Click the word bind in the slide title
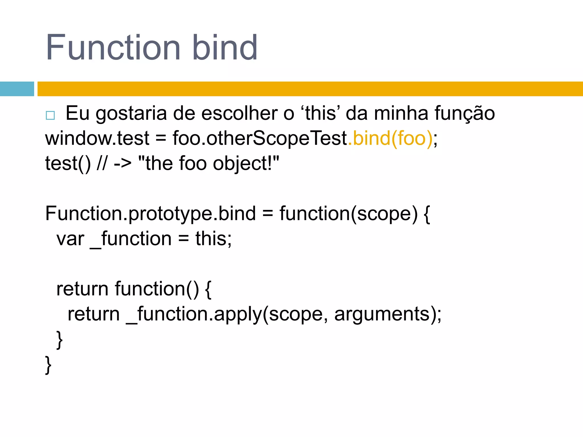pyautogui.click(x=225, y=48)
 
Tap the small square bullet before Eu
pyautogui.click(x=50, y=116)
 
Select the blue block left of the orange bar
pyautogui.click(x=17, y=89)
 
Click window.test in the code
pyautogui.click(x=97, y=139)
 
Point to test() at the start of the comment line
pyautogui.click(x=68, y=164)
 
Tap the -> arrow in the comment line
pyautogui.click(x=122, y=164)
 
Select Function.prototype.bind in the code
pyautogui.click(x=150, y=214)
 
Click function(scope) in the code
pyautogui.click(x=348, y=214)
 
